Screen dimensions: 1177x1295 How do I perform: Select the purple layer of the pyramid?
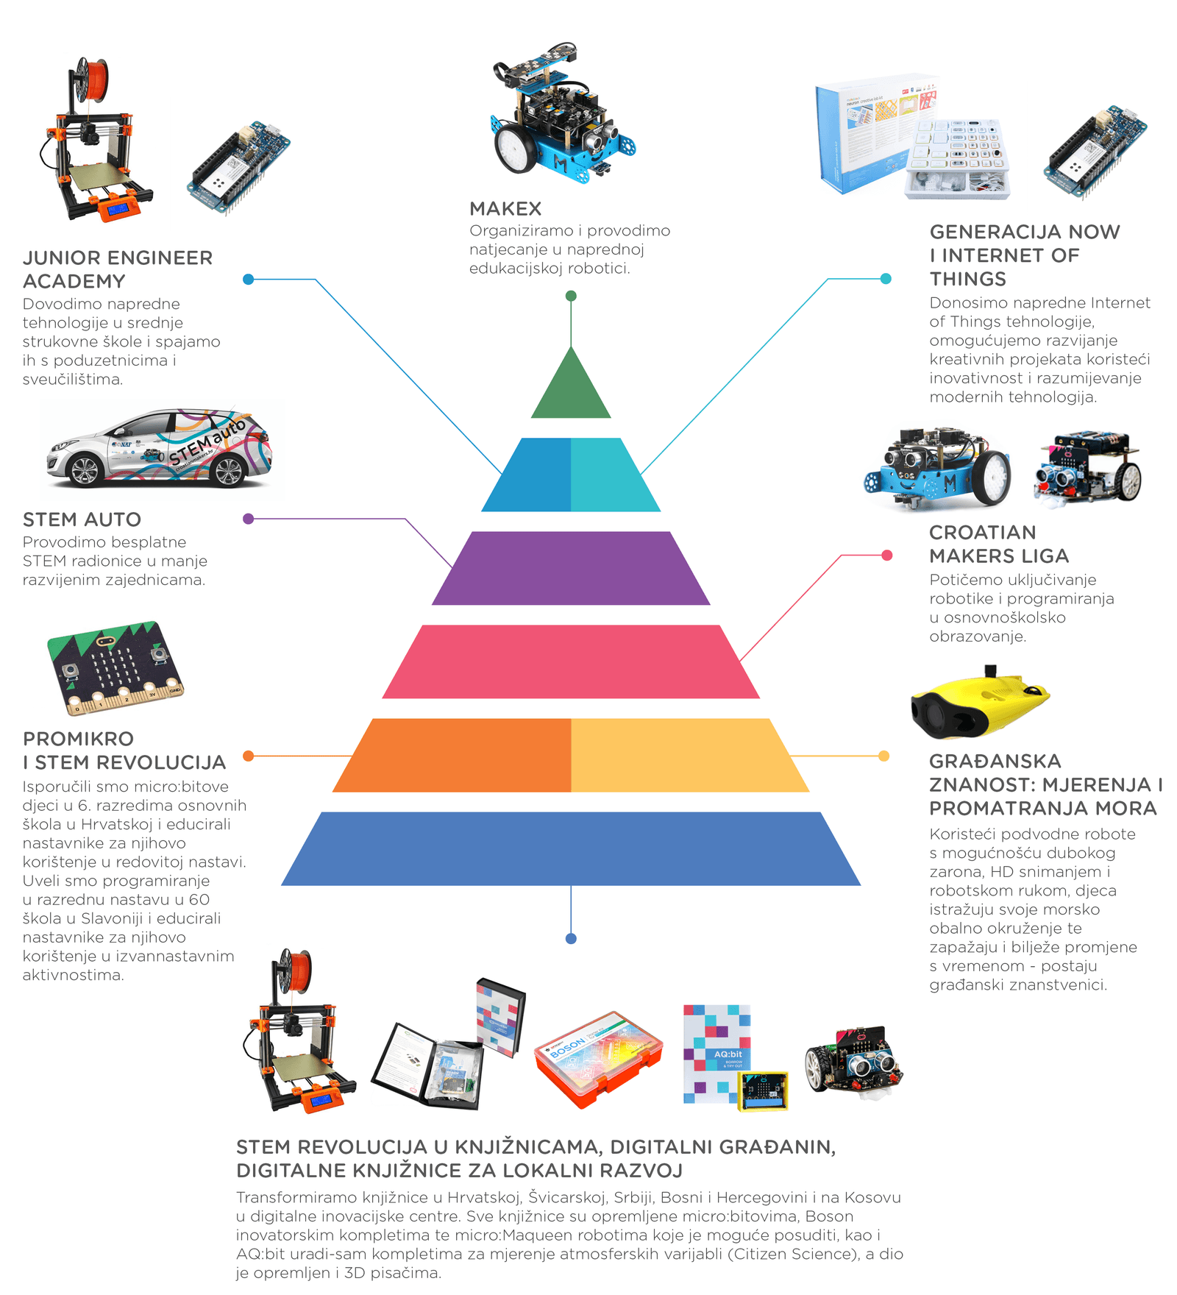(x=571, y=568)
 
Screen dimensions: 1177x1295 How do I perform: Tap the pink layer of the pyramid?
(x=571, y=661)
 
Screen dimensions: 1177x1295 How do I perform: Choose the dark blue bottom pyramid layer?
(x=571, y=848)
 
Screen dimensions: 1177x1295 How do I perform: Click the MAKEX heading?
(x=505, y=209)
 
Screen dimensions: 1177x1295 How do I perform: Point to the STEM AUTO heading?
(x=82, y=519)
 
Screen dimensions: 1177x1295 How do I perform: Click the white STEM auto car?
(x=160, y=450)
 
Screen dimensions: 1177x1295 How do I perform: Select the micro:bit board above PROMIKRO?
(x=115, y=667)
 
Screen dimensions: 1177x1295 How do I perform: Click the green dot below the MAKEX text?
(x=571, y=296)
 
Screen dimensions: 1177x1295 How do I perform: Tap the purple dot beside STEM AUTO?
(x=249, y=519)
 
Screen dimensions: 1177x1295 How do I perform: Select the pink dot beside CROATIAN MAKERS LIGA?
(x=887, y=556)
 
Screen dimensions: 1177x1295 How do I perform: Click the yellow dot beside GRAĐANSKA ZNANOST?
(x=884, y=756)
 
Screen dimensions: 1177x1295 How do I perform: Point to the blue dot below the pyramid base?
(x=571, y=939)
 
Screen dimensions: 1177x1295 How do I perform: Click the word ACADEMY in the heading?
(x=74, y=282)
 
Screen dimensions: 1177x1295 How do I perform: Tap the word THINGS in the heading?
(x=968, y=280)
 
